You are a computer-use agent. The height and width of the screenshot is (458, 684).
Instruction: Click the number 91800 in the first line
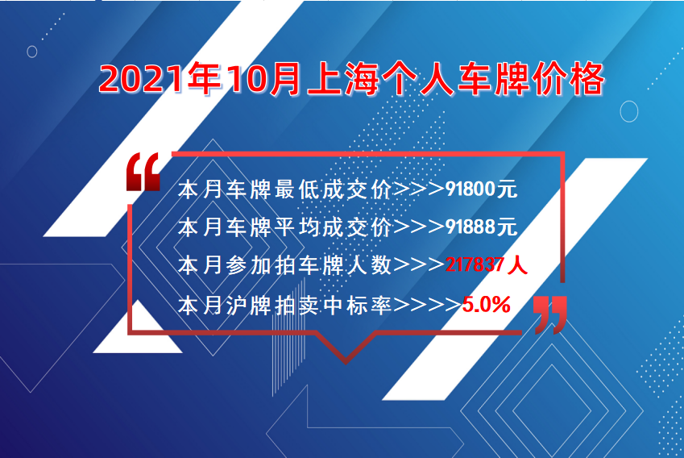(x=471, y=189)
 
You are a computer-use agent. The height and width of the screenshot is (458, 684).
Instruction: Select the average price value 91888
(x=471, y=227)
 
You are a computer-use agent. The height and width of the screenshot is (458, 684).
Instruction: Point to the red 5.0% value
(x=486, y=304)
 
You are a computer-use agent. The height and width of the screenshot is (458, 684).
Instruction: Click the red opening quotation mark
(x=143, y=172)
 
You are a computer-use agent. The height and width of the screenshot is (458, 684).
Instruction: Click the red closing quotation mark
(x=550, y=314)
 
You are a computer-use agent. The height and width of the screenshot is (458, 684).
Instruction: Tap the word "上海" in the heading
(x=342, y=79)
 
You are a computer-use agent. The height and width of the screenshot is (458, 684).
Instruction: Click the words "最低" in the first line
(x=296, y=189)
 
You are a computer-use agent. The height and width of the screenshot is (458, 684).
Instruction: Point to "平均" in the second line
(x=296, y=227)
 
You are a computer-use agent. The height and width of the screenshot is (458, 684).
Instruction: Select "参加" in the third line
(x=249, y=265)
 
